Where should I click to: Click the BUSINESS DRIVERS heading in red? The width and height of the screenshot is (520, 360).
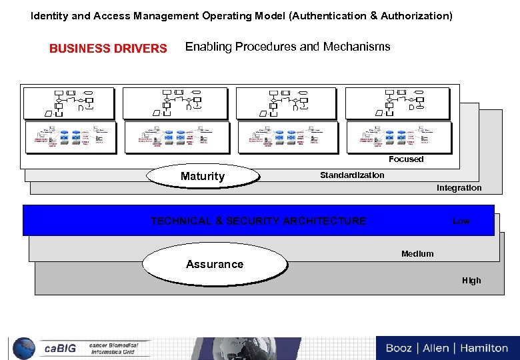108,48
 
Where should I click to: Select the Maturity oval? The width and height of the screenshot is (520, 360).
203,176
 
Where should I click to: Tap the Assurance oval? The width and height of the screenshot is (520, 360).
215,264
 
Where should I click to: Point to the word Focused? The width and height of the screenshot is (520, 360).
406,159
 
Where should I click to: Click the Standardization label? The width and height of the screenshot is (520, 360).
352,175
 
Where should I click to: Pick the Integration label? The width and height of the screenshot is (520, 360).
459,188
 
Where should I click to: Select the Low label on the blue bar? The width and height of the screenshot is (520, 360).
461,221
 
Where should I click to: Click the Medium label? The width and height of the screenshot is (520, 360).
417,253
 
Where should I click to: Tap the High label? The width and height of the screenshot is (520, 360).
471,281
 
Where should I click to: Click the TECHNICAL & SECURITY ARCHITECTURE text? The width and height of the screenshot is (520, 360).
258,221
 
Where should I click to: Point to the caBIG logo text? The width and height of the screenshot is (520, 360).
60,349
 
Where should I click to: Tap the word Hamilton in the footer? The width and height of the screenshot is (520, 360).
482,348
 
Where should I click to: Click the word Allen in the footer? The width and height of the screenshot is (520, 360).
436,348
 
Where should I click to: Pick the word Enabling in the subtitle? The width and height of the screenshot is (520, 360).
207,47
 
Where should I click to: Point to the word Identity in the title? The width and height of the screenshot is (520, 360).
49,15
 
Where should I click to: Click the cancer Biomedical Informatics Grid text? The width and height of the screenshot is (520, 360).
114,349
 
